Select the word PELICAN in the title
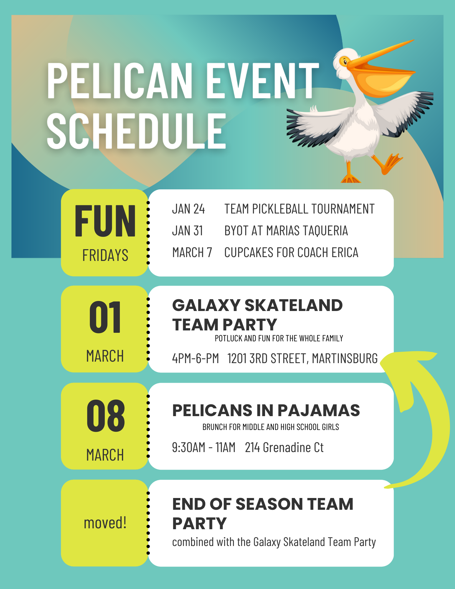(x=120, y=81)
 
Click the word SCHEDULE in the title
(x=136, y=131)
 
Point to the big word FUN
(x=105, y=221)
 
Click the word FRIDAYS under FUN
(x=105, y=255)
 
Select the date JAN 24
(x=188, y=209)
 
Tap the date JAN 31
(x=188, y=231)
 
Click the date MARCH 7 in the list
(x=192, y=252)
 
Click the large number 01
(x=105, y=317)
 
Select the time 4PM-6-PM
(x=196, y=358)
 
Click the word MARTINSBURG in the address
(x=345, y=358)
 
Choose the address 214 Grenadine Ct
(x=284, y=448)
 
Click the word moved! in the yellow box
(x=105, y=523)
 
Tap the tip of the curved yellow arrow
(x=380, y=364)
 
